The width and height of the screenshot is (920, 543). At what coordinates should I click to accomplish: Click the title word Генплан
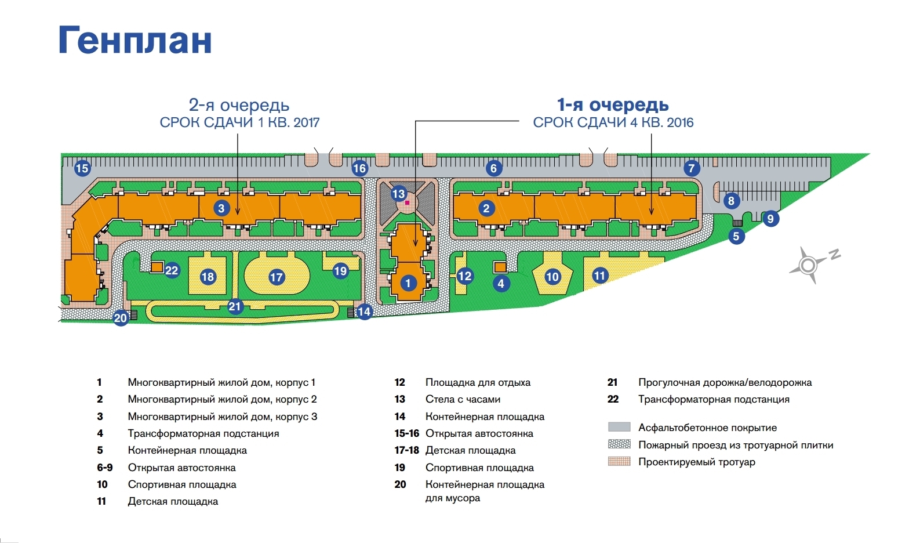tap(135, 41)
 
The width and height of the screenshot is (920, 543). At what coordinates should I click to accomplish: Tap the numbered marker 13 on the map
tap(398, 194)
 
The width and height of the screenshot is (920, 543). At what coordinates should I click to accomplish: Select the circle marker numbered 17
tap(277, 277)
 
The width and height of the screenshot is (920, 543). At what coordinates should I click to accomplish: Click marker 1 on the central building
tap(408, 283)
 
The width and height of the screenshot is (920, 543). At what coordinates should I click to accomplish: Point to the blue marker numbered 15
tap(82, 168)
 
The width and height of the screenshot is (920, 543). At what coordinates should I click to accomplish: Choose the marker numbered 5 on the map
tap(736, 236)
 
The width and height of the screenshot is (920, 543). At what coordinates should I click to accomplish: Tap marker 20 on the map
tap(121, 318)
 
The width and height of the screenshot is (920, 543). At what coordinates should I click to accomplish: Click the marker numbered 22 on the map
tap(172, 270)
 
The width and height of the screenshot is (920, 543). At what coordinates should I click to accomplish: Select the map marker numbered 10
tap(552, 277)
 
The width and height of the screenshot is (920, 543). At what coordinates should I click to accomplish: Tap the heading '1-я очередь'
tap(613, 105)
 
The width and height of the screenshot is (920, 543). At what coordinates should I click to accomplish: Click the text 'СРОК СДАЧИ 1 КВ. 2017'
tap(239, 122)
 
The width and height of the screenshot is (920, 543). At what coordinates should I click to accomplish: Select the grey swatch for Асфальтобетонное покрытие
tap(619, 427)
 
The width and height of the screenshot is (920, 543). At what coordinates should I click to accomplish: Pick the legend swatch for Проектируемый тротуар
tap(619, 462)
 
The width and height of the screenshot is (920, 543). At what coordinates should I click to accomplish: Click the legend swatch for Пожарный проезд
tap(619, 444)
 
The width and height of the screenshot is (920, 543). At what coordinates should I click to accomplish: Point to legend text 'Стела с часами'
tap(463, 399)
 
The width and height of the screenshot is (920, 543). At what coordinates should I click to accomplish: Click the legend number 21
tap(612, 382)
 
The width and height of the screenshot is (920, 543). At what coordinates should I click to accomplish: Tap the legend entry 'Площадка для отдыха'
tap(478, 382)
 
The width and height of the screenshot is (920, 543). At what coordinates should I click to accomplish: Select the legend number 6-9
tap(105, 468)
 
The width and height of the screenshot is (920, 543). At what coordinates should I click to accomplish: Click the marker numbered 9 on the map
tap(770, 219)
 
